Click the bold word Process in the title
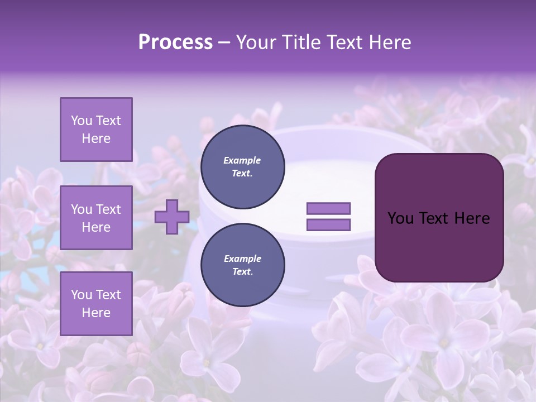(175, 42)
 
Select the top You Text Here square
(96, 130)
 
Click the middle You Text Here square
(96, 218)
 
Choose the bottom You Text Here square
(96, 304)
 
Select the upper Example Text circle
(242, 167)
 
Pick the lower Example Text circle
(242, 265)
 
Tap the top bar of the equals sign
(328, 208)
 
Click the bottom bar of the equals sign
(328, 225)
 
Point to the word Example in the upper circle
(242, 160)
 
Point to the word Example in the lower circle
(242, 259)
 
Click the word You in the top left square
(82, 121)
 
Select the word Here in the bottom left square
(96, 313)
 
